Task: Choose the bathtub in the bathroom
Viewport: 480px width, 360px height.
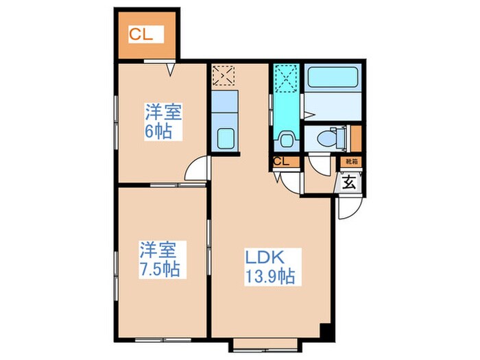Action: click(x=334, y=77)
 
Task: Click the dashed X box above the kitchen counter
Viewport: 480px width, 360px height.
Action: click(x=224, y=75)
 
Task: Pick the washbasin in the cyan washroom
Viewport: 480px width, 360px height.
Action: click(x=285, y=141)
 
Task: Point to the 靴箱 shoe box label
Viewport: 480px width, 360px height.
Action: click(x=351, y=162)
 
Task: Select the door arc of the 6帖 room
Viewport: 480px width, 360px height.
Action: click(x=197, y=171)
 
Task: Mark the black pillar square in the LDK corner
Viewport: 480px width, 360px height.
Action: click(x=326, y=330)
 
